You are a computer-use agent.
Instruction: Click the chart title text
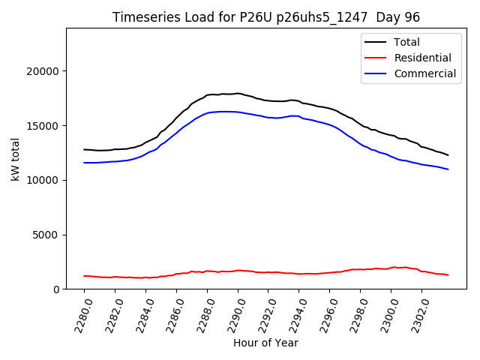tap(266, 17)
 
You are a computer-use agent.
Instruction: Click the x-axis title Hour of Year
tap(265, 343)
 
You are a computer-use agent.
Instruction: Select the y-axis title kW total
tap(15, 159)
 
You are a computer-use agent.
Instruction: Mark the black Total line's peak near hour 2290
tap(238, 94)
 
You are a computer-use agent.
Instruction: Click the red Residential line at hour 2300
tap(391, 268)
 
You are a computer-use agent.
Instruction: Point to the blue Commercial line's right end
tap(448, 169)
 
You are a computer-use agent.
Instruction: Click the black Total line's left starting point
tap(85, 149)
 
